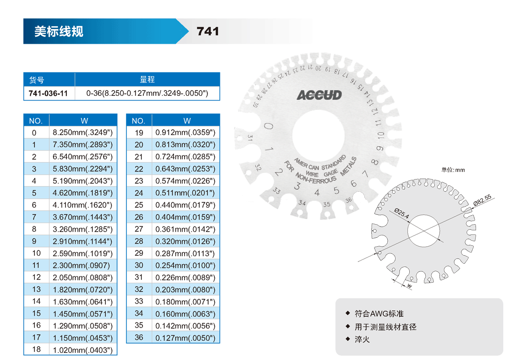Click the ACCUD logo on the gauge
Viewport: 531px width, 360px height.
pyautogui.click(x=319, y=95)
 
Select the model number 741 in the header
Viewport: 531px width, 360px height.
pyautogui.click(x=208, y=31)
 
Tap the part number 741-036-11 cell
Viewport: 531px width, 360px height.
pyautogui.click(x=48, y=94)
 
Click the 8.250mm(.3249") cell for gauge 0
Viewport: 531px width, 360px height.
pyautogui.click(x=83, y=133)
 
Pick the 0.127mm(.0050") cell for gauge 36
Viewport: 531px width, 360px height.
pyautogui.click(x=185, y=338)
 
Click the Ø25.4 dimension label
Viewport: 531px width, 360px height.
pyautogui.click(x=402, y=213)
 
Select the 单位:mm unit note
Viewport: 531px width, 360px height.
pyautogui.click(x=453, y=170)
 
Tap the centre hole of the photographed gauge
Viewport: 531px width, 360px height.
pyautogui.click(x=318, y=135)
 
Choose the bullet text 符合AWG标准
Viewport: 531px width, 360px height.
pyautogui.click(x=379, y=313)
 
